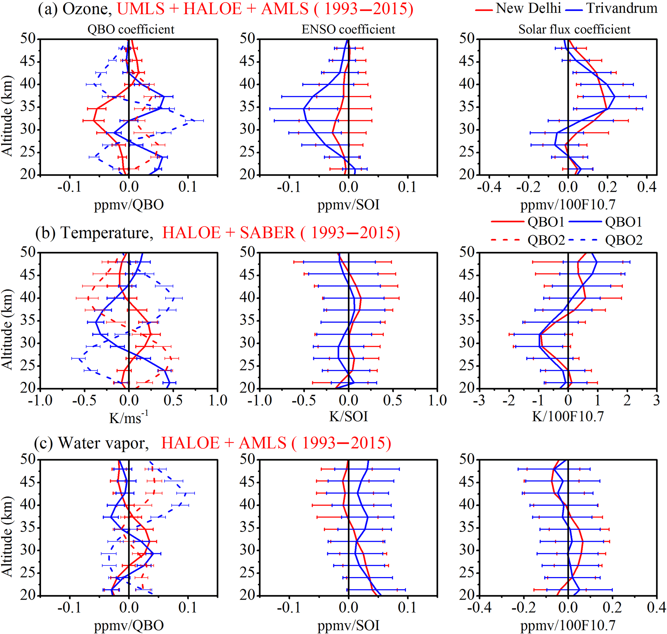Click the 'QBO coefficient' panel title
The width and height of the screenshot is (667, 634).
pos(131,29)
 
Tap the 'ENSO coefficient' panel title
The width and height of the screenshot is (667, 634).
pos(348,29)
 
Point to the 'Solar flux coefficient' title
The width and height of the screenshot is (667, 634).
pos(574,29)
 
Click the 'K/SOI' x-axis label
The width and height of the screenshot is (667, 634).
pos(348,416)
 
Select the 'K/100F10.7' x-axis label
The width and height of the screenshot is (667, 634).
pos(568,416)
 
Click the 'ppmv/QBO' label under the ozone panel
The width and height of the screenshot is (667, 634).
pos(129,204)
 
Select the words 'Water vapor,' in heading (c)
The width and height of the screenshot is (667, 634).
pos(103,443)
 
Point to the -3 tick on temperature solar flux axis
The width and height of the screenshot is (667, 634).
pos(480,400)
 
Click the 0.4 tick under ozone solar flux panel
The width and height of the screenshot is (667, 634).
pos(646,187)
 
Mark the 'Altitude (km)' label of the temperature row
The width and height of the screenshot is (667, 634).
pos(7,329)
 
